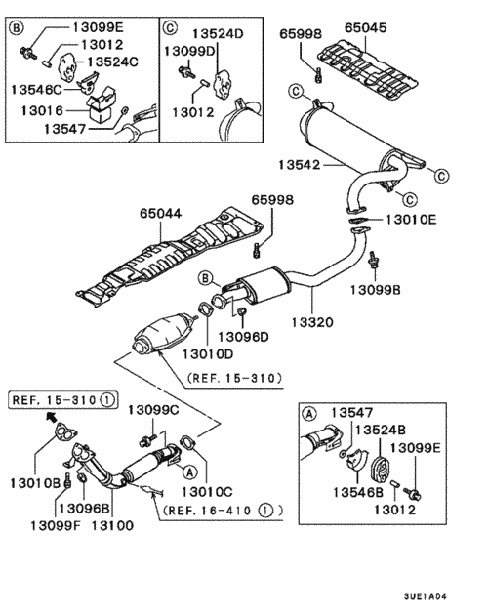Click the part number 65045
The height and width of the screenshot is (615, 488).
coord(370,29)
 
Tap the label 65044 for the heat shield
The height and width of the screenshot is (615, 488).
coord(160,210)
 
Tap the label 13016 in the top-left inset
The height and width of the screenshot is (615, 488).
coord(39,111)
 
